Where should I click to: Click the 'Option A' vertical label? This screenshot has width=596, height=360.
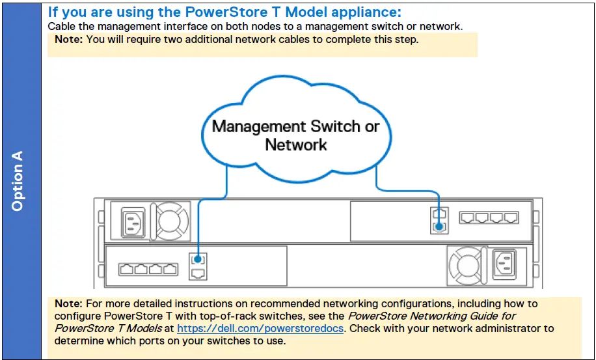[x=18, y=181]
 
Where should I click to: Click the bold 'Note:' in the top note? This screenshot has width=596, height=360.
[x=68, y=39]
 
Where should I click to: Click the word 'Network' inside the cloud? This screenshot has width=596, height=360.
[x=296, y=145]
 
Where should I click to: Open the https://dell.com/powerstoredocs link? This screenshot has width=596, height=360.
[x=260, y=329]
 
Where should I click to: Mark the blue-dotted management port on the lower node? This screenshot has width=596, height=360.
[x=198, y=260]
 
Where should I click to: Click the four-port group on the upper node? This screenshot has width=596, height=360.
[x=489, y=218]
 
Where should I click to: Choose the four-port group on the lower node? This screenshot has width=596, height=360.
[x=148, y=268]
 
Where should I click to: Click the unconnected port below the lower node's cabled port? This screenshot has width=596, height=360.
[x=198, y=273]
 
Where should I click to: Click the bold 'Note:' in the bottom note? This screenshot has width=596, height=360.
[x=68, y=304]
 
